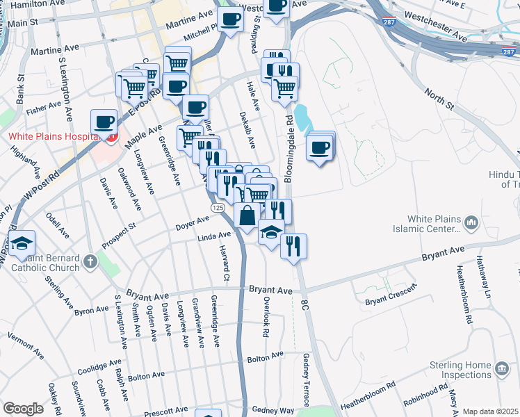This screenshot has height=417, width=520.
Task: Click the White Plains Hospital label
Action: (52, 136)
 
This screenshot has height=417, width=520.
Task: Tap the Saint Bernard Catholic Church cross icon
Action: (90, 262)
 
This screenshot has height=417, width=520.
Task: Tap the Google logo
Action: (23, 409)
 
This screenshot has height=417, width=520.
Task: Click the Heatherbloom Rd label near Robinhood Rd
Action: (368, 394)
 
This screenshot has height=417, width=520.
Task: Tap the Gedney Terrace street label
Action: (305, 379)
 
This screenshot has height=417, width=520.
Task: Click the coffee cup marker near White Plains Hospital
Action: (104, 121)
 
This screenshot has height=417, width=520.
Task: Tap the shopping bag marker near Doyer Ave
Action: (247, 215)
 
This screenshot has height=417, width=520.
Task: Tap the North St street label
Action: (440, 98)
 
